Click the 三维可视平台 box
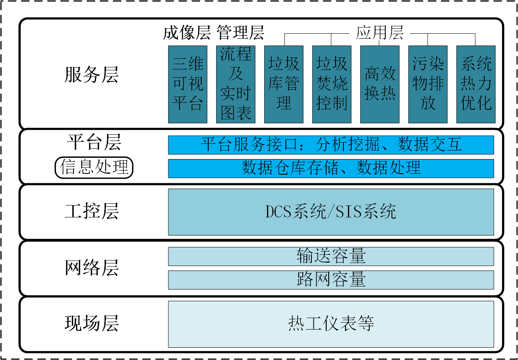(x=188, y=84)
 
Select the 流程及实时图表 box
(x=236, y=84)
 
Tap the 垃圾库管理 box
(x=284, y=84)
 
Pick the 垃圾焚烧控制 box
(x=332, y=84)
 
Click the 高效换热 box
(x=380, y=84)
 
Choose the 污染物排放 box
(x=428, y=84)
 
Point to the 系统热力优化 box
(x=476, y=84)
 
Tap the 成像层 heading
(x=187, y=33)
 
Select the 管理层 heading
(x=240, y=33)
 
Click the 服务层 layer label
(x=92, y=75)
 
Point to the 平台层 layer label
(x=94, y=142)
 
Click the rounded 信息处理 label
(x=94, y=168)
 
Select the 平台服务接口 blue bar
(x=331, y=145)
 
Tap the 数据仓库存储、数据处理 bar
(x=331, y=168)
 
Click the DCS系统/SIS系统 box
(x=331, y=212)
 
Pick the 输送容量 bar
(x=331, y=256)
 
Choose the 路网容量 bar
(x=331, y=279)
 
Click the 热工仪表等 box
(x=331, y=324)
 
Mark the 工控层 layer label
(x=92, y=212)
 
